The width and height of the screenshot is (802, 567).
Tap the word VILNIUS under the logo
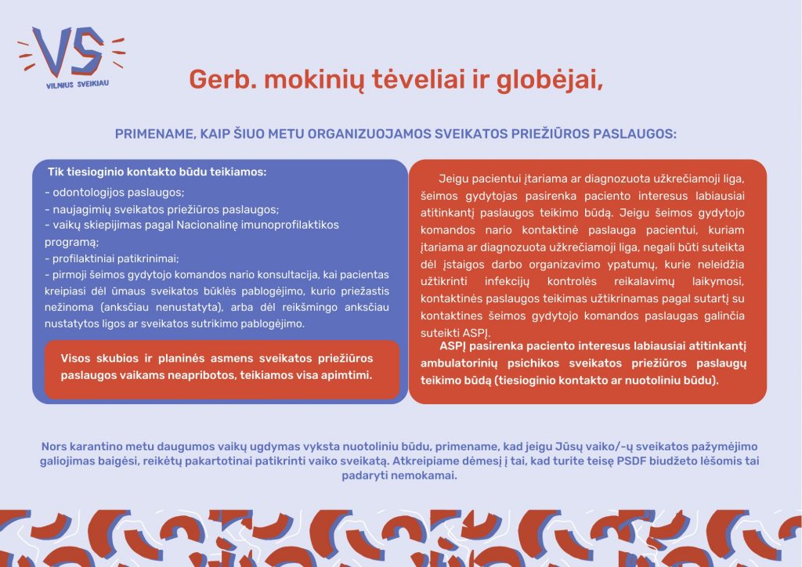[60, 85]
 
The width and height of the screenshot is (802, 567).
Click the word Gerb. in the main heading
[222, 80]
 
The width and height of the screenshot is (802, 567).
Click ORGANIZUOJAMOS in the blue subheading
[370, 134]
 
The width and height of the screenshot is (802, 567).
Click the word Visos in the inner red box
[74, 359]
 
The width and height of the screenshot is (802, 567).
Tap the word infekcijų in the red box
[507, 282]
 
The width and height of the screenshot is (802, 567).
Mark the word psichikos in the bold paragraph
[533, 363]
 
